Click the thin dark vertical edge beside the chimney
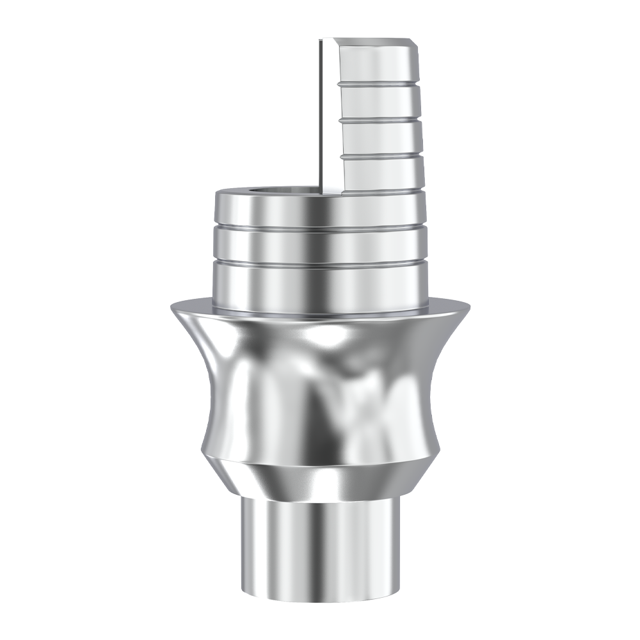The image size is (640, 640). [x=318, y=115]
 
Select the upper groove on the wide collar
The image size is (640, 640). [x=320, y=225]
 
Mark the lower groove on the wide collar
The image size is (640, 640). [x=320, y=261]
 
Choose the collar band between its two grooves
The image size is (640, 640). [x=320, y=243]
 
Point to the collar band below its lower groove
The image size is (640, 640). [x=320, y=285]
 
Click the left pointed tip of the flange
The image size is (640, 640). [x=172, y=306]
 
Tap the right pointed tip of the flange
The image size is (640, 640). [x=468, y=306]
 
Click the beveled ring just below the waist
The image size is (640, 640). [x=320, y=477]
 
